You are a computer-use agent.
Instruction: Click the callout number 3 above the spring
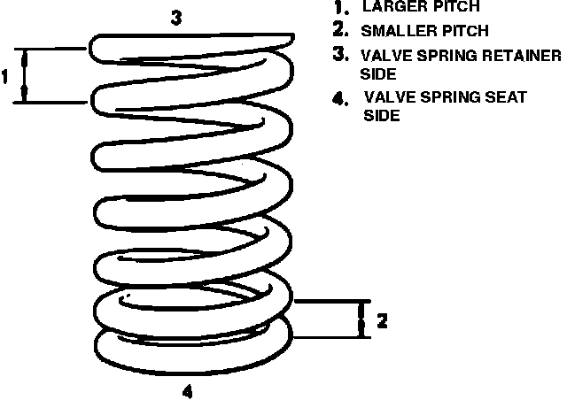click(176, 18)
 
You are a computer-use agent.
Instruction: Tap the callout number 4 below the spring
click(187, 388)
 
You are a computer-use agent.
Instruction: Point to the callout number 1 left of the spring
click(5, 76)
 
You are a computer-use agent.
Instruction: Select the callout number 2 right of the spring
click(382, 320)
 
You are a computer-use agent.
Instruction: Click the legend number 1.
click(338, 8)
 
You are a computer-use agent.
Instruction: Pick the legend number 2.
click(338, 31)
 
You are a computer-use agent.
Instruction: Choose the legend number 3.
click(338, 54)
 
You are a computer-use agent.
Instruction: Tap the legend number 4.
click(338, 97)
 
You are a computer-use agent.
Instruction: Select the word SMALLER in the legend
click(396, 31)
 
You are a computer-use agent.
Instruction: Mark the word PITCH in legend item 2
click(463, 31)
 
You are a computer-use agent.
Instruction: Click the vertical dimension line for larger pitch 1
click(26, 76)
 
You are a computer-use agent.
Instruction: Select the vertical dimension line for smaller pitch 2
click(361, 319)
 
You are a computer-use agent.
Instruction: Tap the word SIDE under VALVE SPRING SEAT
click(382, 116)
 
